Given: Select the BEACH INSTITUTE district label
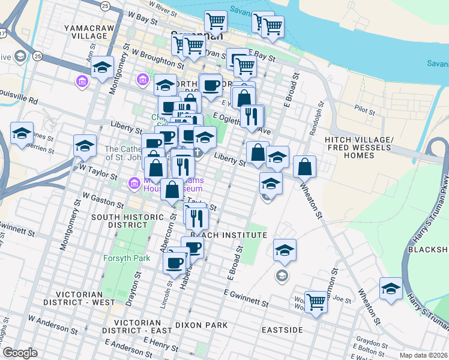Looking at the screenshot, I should [228, 235].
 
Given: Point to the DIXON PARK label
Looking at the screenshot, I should [201, 325].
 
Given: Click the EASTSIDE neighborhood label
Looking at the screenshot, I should [281, 330].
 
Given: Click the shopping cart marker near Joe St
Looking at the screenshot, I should [316, 302].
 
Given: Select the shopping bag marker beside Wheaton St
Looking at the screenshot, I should [305, 168].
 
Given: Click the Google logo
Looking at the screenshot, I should [20, 353].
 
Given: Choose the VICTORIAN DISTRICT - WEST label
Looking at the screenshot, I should [83, 298].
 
